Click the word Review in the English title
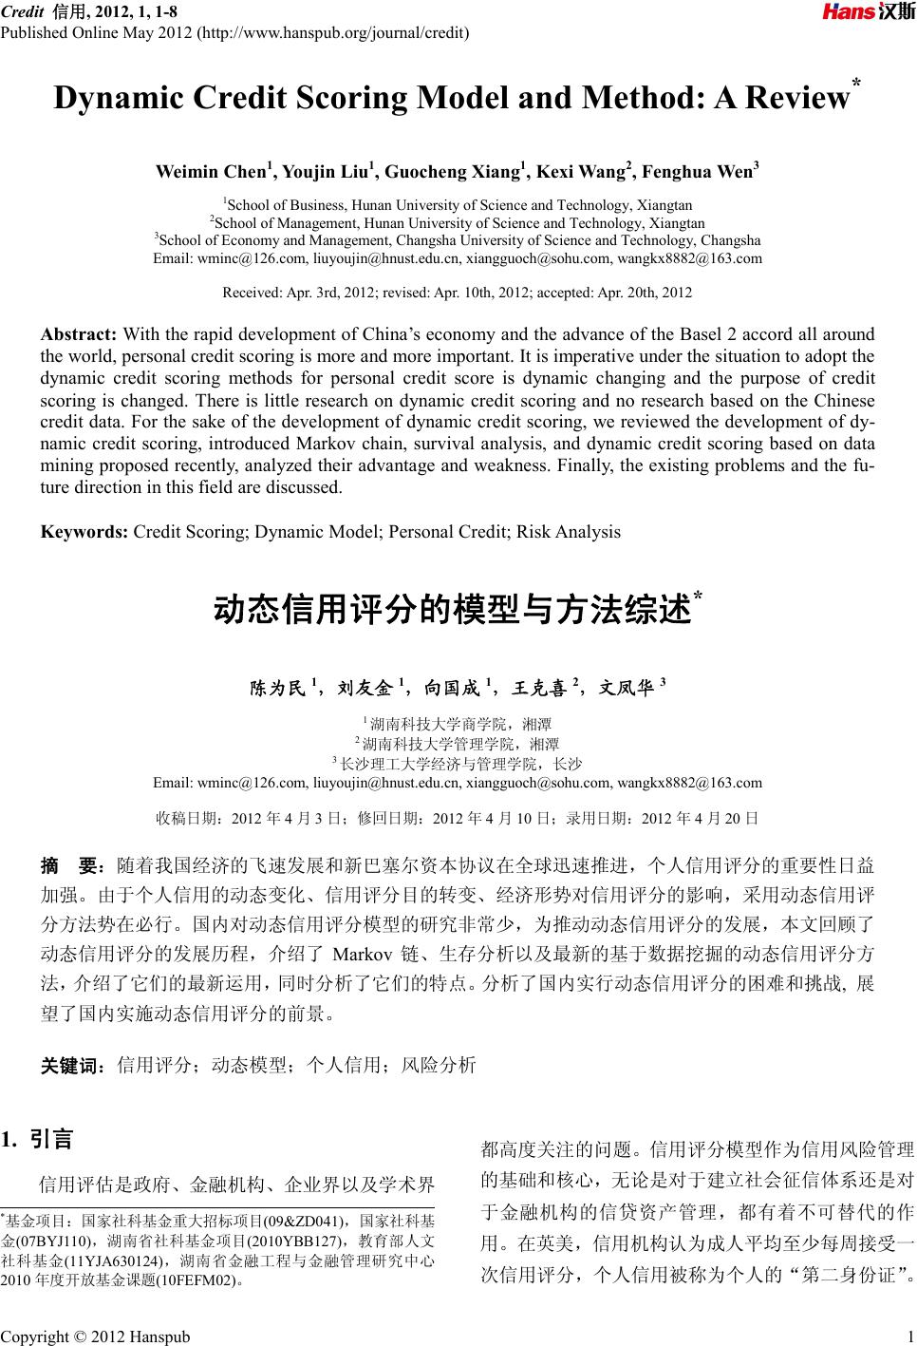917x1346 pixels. pos(797,98)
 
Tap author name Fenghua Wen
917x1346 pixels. pos(697,172)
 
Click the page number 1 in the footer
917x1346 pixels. pos(909,1336)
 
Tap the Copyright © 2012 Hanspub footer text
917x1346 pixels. pos(95,1336)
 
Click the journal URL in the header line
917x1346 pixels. pos(330,34)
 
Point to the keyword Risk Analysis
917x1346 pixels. pos(568,532)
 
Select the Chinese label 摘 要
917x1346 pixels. pos(71,866)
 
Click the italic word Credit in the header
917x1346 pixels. pos(22,11)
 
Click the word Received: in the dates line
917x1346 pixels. pos(252,293)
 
